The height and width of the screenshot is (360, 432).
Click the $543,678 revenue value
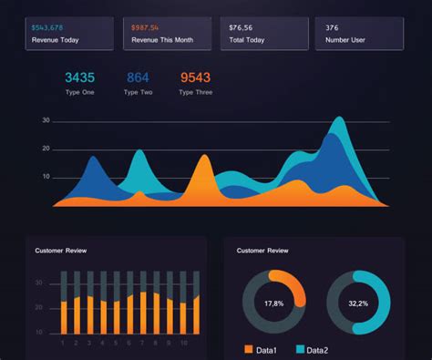(x=47, y=28)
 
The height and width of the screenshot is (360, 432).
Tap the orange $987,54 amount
(x=151, y=28)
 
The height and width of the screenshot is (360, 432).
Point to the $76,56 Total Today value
(x=242, y=28)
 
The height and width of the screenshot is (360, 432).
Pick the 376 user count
(x=332, y=28)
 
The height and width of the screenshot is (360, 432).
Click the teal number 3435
(x=79, y=78)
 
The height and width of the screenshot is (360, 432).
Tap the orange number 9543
(x=195, y=78)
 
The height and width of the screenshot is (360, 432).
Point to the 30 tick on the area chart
(x=46, y=120)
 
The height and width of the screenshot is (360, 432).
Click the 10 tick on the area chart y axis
(x=46, y=177)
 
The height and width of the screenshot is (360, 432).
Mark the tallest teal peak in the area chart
(x=339, y=119)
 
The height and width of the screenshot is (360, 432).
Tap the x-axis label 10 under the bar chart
(x=183, y=344)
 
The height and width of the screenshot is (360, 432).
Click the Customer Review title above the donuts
(x=262, y=250)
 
